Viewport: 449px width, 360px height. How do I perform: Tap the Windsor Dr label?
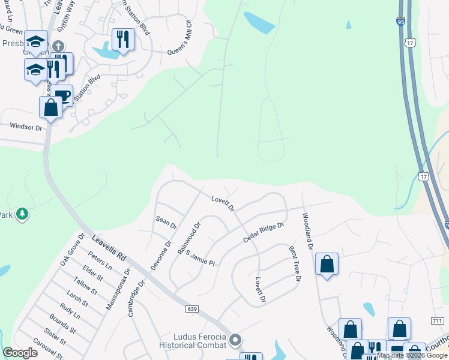pyautogui.click(x=26, y=127)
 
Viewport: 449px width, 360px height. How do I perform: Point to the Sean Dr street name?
pyautogui.click(x=166, y=222)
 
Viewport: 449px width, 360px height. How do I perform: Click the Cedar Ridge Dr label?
pyautogui.click(x=262, y=232)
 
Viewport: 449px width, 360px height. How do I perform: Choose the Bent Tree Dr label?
pyautogui.click(x=294, y=263)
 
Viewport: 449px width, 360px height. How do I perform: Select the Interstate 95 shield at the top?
pyautogui.click(x=400, y=22)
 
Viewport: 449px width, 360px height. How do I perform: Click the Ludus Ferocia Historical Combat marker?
pyautogui.click(x=235, y=340)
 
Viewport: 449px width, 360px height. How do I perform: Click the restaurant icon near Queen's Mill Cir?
pyautogui.click(x=123, y=39)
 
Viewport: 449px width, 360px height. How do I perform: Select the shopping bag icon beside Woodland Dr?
pyautogui.click(x=327, y=264)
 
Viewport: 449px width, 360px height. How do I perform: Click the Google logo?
pyautogui.click(x=20, y=353)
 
